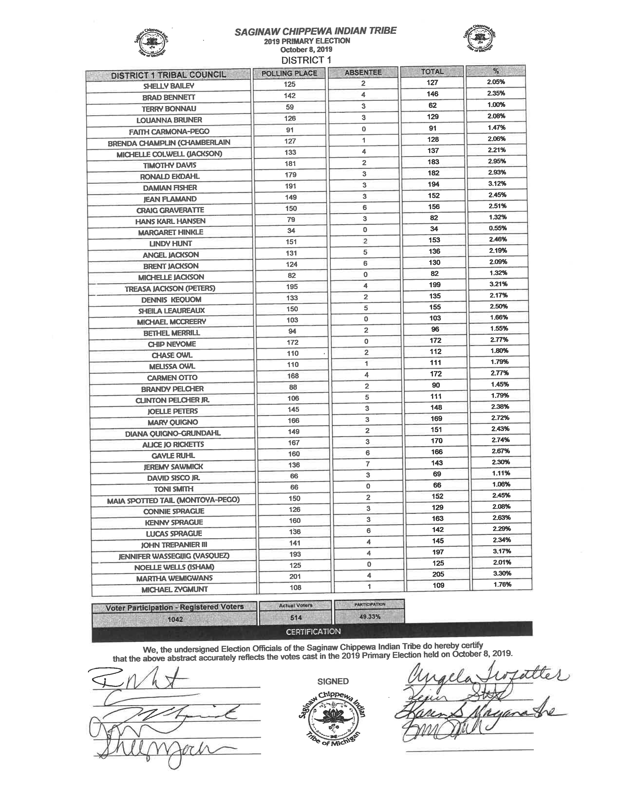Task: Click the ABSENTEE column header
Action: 363,73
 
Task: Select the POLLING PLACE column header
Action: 289,73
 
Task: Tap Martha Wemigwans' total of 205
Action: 438,574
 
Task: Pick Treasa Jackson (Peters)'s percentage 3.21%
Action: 499,284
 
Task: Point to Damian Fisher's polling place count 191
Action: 291,186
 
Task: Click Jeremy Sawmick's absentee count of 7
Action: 367,464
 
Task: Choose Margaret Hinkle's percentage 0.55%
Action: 498,228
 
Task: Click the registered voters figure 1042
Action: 175,620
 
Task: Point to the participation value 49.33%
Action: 370,617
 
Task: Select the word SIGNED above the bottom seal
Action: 333,681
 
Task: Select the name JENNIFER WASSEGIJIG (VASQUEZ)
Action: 174,556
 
